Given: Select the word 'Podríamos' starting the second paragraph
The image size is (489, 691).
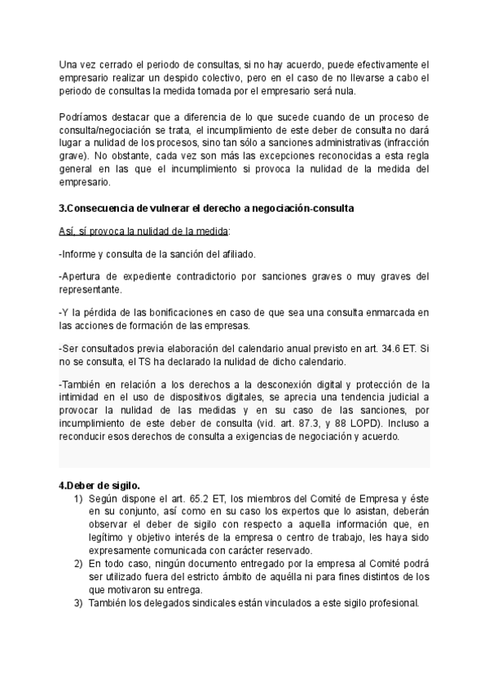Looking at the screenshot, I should (x=82, y=117).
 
